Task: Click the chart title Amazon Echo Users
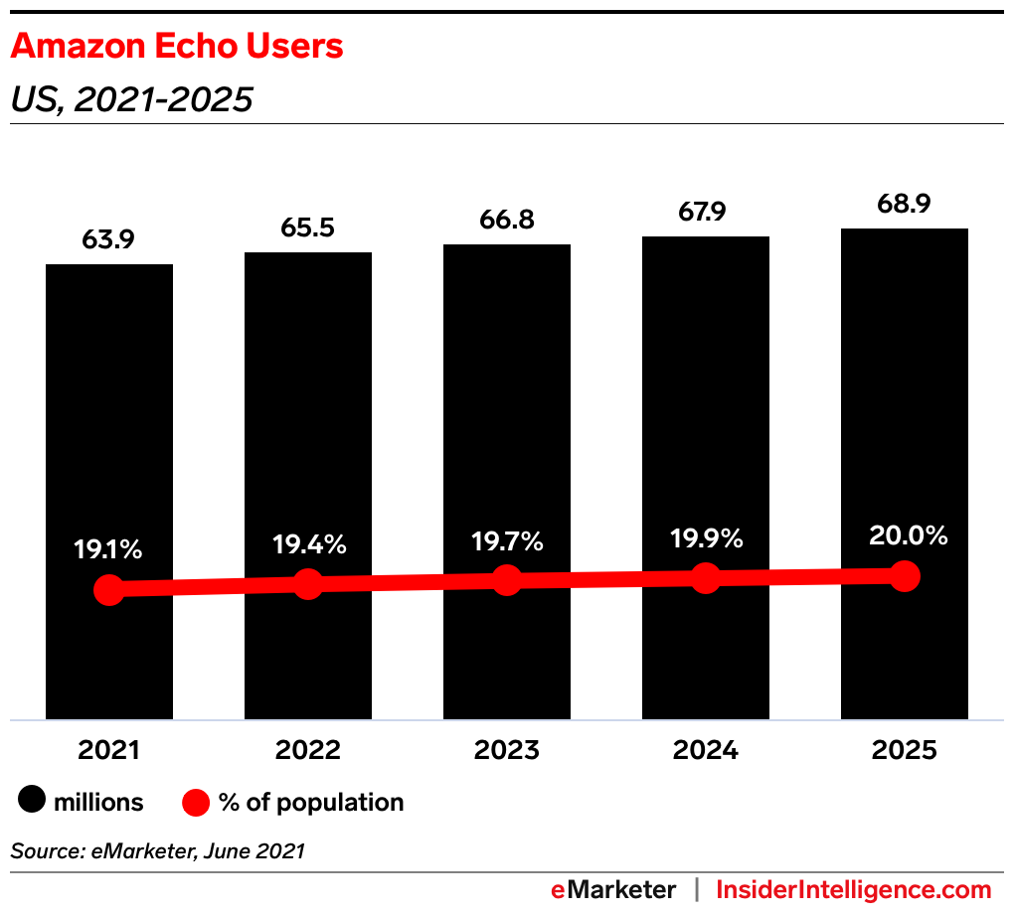[x=177, y=46]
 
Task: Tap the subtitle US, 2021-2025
[x=131, y=100]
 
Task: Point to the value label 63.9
[x=109, y=239]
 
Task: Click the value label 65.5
[x=308, y=228]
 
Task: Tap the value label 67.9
[x=706, y=212]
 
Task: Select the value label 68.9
[x=905, y=204]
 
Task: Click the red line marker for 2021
[x=109, y=590]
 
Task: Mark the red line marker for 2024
[x=706, y=577]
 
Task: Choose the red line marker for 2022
[x=308, y=584]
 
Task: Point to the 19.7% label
[x=507, y=541]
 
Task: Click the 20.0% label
[x=905, y=535]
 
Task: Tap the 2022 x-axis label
[x=308, y=750]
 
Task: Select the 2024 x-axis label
[x=706, y=750]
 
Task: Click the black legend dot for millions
[x=32, y=802]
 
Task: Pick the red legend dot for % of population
[x=197, y=802]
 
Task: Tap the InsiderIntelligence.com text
[x=854, y=889]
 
